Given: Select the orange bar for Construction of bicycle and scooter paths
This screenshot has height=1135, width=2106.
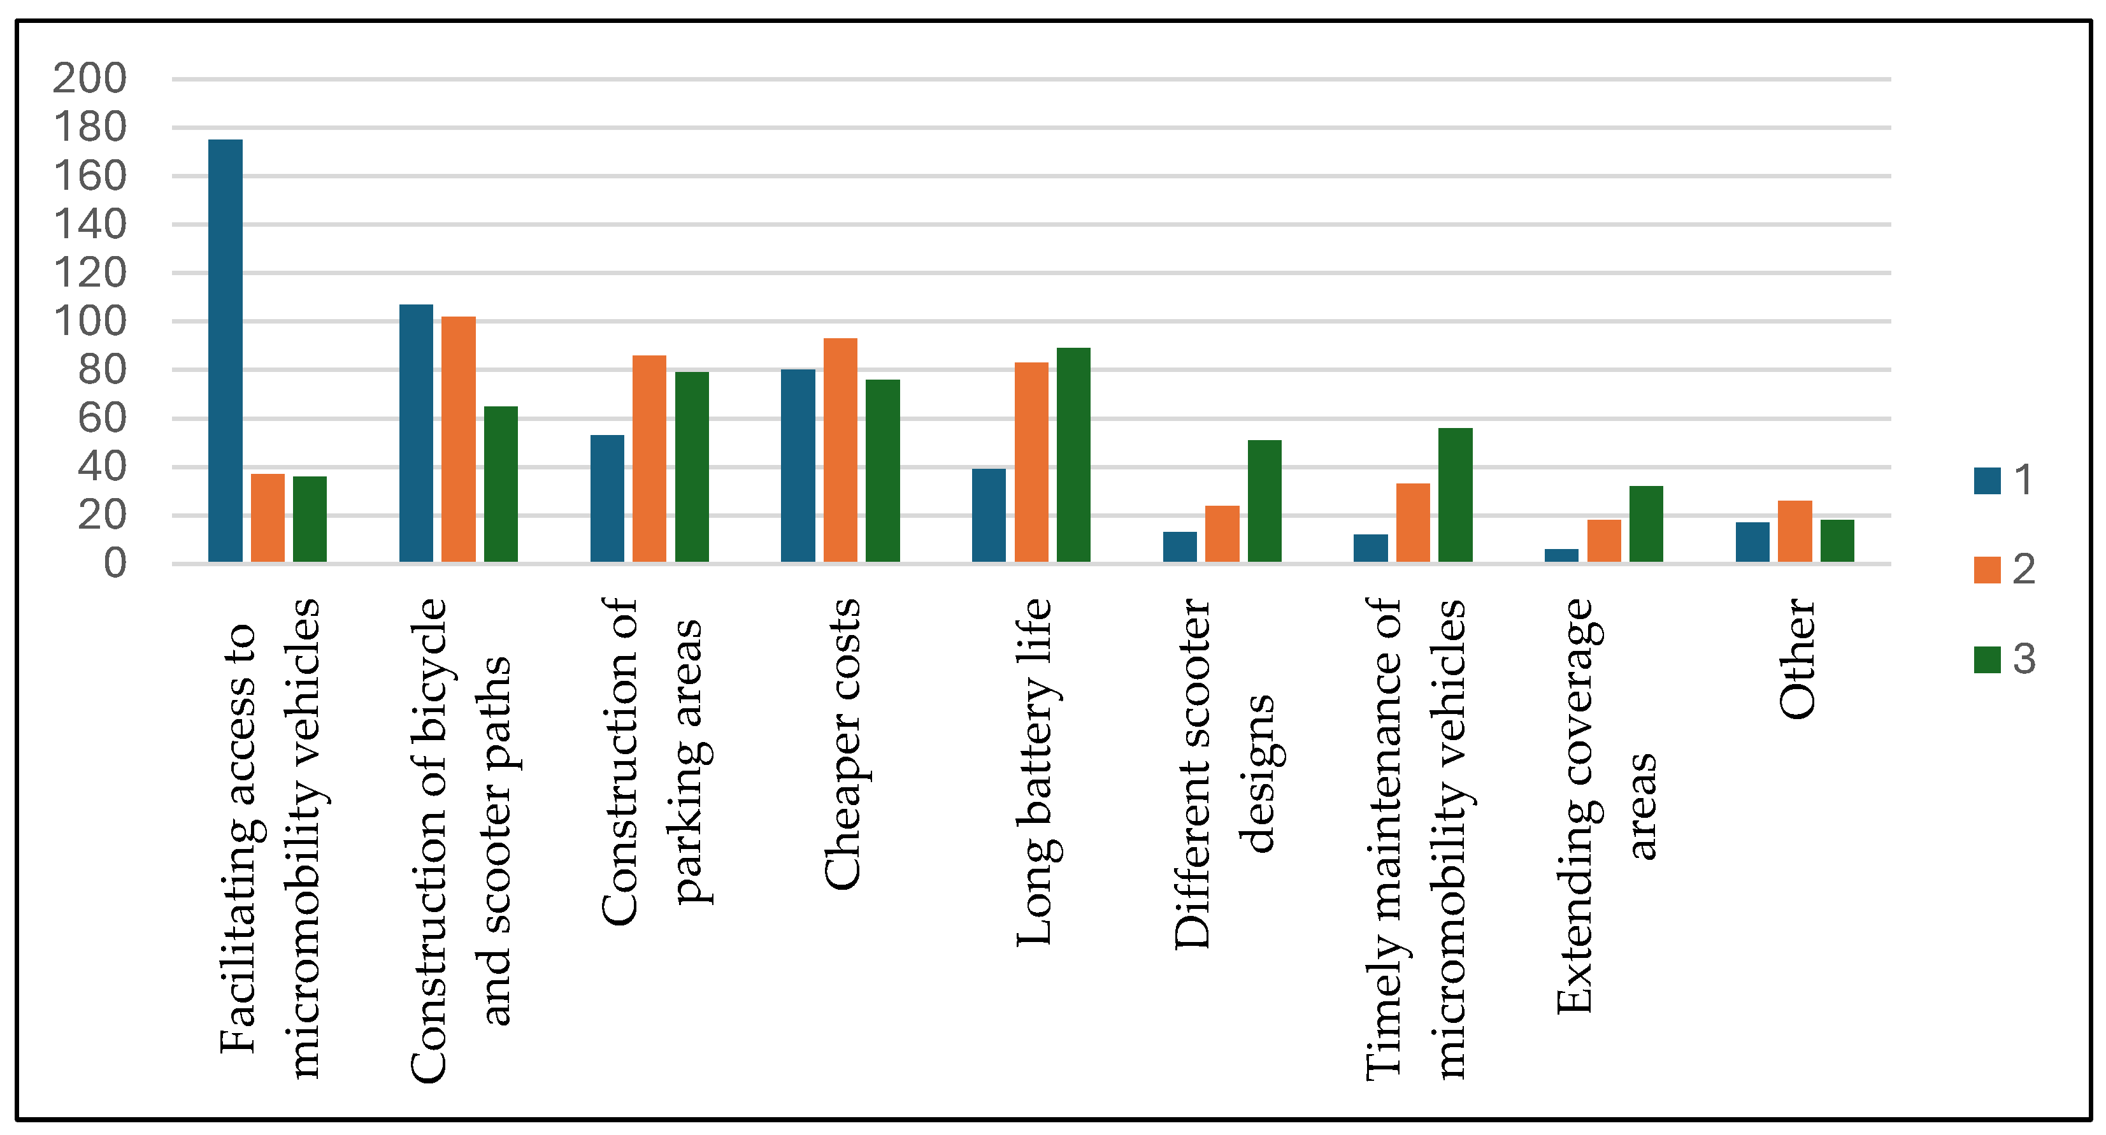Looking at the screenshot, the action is (x=459, y=439).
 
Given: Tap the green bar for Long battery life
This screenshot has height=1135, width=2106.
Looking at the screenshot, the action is (x=1073, y=455).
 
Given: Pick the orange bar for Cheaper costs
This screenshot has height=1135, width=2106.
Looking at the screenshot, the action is (x=840, y=450).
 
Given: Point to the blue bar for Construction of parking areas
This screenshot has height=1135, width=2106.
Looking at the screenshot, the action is (x=608, y=499).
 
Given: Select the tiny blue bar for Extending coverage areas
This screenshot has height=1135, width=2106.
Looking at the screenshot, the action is (x=1561, y=555).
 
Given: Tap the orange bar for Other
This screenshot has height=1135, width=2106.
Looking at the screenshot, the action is (x=1795, y=531).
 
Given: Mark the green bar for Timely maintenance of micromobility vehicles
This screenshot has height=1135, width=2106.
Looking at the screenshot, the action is (x=1455, y=495).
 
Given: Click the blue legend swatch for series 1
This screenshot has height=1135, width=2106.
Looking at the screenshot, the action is (x=1988, y=480).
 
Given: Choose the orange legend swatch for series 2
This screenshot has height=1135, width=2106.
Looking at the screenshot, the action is (x=1988, y=569).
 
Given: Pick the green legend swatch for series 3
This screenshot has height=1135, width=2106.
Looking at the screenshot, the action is (x=1988, y=659).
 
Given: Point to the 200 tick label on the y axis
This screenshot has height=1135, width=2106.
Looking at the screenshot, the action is (x=90, y=78).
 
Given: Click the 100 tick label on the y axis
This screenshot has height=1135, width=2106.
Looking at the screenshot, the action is (x=90, y=321).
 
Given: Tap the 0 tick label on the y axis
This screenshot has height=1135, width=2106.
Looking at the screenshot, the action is (x=115, y=564).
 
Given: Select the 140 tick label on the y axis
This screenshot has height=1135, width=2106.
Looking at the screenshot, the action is (x=90, y=224).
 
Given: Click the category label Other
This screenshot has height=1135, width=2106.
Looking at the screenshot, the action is (x=1797, y=659).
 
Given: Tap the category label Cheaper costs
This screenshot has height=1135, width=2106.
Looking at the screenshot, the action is (x=842, y=745).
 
